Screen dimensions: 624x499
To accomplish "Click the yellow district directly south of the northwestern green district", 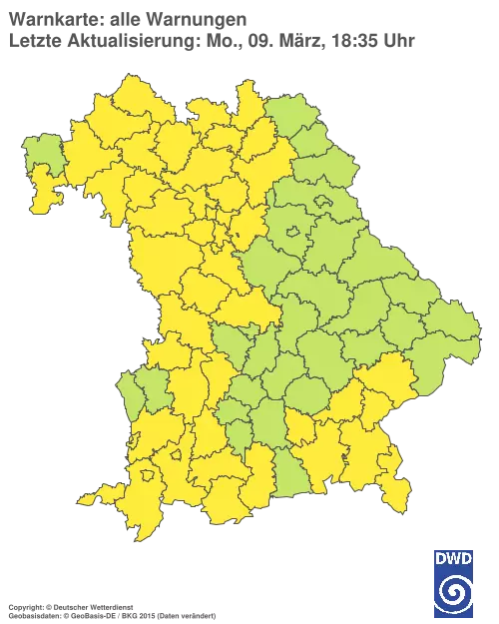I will pos(45,195).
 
